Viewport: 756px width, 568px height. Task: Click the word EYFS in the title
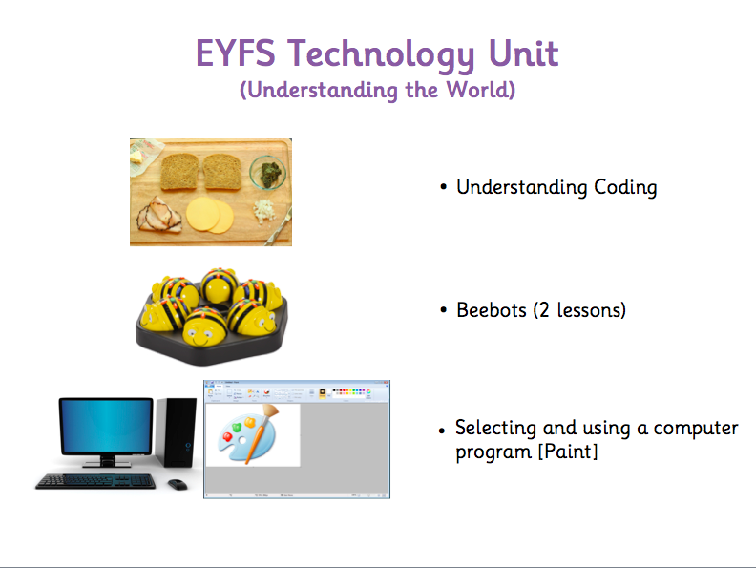tap(235, 53)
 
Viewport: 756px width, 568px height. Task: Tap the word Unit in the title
tap(524, 53)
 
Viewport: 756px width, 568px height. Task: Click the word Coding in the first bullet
tap(625, 187)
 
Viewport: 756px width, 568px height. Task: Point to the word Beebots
tap(492, 310)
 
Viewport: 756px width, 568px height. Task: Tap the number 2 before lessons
tap(544, 310)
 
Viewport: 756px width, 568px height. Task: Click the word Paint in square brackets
tap(568, 452)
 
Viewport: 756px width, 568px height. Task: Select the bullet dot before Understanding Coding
tap(444, 186)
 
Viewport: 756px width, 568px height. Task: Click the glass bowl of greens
tap(268, 172)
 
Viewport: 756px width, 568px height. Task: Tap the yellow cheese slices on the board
tap(210, 215)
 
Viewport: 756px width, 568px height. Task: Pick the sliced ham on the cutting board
tap(159, 215)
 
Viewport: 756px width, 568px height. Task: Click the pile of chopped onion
tap(263, 211)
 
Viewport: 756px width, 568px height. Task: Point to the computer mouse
tap(178, 484)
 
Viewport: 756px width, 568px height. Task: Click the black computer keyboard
tap(95, 481)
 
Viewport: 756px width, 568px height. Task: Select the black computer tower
tap(176, 432)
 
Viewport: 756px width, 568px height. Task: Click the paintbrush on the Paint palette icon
tap(262, 432)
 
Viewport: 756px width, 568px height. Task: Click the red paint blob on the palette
tap(227, 437)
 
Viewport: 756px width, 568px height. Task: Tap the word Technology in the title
tap(382, 54)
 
